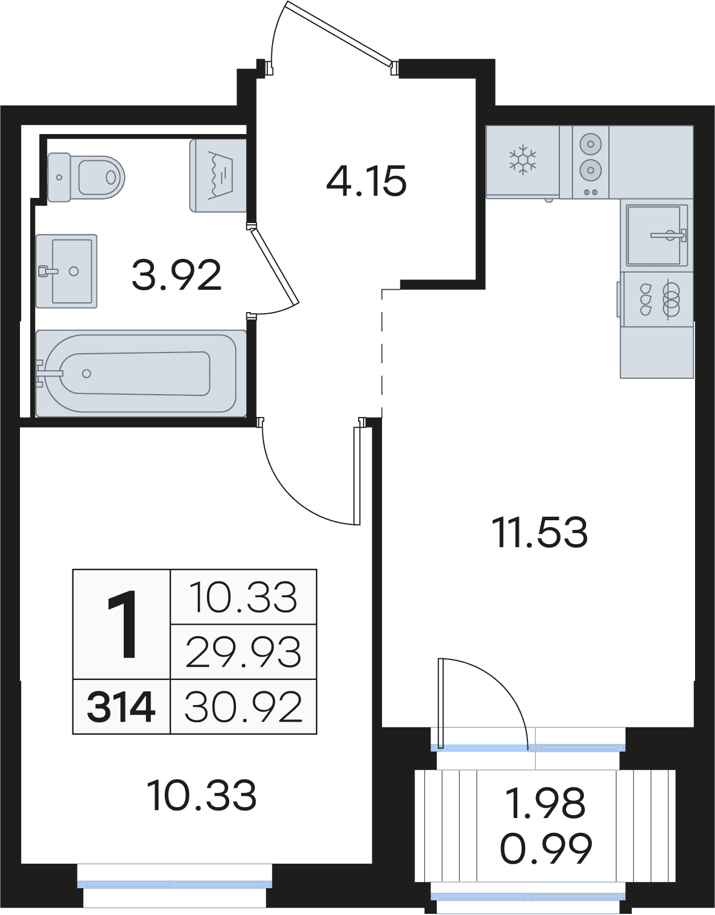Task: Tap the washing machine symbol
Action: click(218, 175)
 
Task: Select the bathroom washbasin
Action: click(67, 271)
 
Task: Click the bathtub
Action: click(141, 373)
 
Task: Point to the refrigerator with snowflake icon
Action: click(522, 161)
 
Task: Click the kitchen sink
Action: click(656, 234)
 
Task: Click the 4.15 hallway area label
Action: click(367, 181)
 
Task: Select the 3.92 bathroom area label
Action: click(176, 276)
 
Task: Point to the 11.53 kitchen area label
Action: click(539, 533)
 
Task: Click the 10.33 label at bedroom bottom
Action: click(201, 796)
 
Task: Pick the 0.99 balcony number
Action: click(546, 848)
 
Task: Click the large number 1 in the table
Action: click(121, 625)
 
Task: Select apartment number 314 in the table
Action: click(121, 707)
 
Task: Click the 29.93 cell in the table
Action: click(243, 652)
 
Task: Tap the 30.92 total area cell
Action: click(243, 707)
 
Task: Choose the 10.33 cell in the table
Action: click(243, 598)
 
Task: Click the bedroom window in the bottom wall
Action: click(174, 884)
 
